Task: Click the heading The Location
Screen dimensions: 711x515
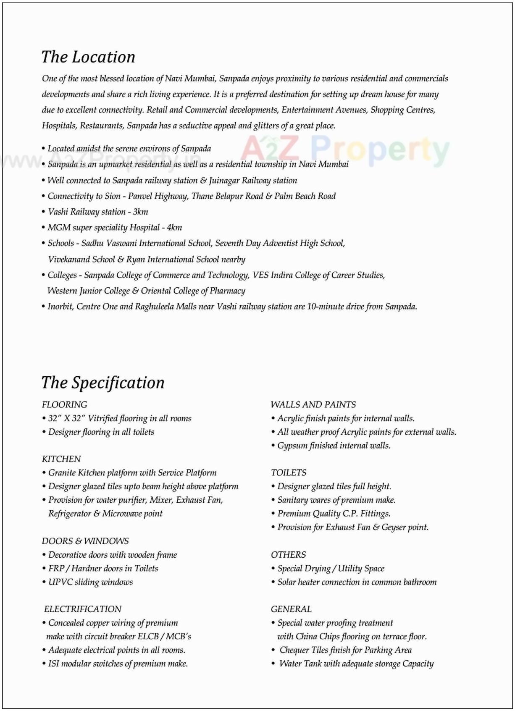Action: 88,57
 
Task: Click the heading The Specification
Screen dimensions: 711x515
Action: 103,383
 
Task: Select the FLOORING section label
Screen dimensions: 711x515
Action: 64,404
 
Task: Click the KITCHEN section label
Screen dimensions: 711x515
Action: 61,459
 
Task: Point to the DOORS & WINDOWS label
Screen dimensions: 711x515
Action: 85,541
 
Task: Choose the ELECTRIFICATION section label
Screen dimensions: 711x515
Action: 83,609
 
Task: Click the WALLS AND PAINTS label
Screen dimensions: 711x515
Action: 313,404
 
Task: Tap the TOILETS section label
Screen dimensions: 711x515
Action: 289,472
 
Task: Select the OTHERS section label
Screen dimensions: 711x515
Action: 288,554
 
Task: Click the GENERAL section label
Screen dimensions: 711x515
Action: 291,609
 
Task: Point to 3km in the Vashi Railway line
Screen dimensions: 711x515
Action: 141,212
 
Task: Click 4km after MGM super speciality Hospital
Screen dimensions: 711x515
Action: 174,228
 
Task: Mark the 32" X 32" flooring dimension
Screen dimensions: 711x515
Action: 67,418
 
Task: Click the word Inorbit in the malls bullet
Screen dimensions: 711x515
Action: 60,307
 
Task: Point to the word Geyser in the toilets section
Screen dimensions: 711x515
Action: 393,527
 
